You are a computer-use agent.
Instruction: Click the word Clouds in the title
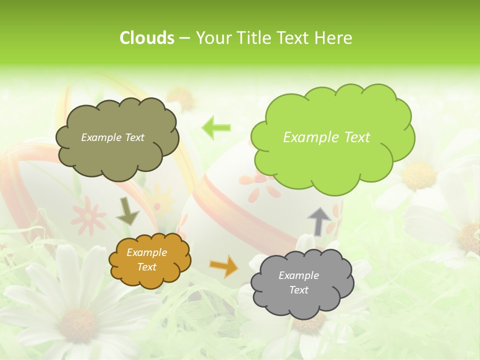pos(147,38)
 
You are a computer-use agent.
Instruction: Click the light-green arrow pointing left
pos(216,128)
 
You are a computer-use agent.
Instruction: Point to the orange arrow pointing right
pos(223,265)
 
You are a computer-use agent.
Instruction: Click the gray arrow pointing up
pos(319,221)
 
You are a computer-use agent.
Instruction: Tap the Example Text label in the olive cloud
pos(112,137)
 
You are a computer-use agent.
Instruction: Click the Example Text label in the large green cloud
pos(326,137)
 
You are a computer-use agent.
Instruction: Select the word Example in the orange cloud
pos(147,253)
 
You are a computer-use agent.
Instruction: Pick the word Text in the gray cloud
pos(299,290)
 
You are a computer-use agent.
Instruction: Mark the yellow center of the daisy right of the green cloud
pos(419,175)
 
